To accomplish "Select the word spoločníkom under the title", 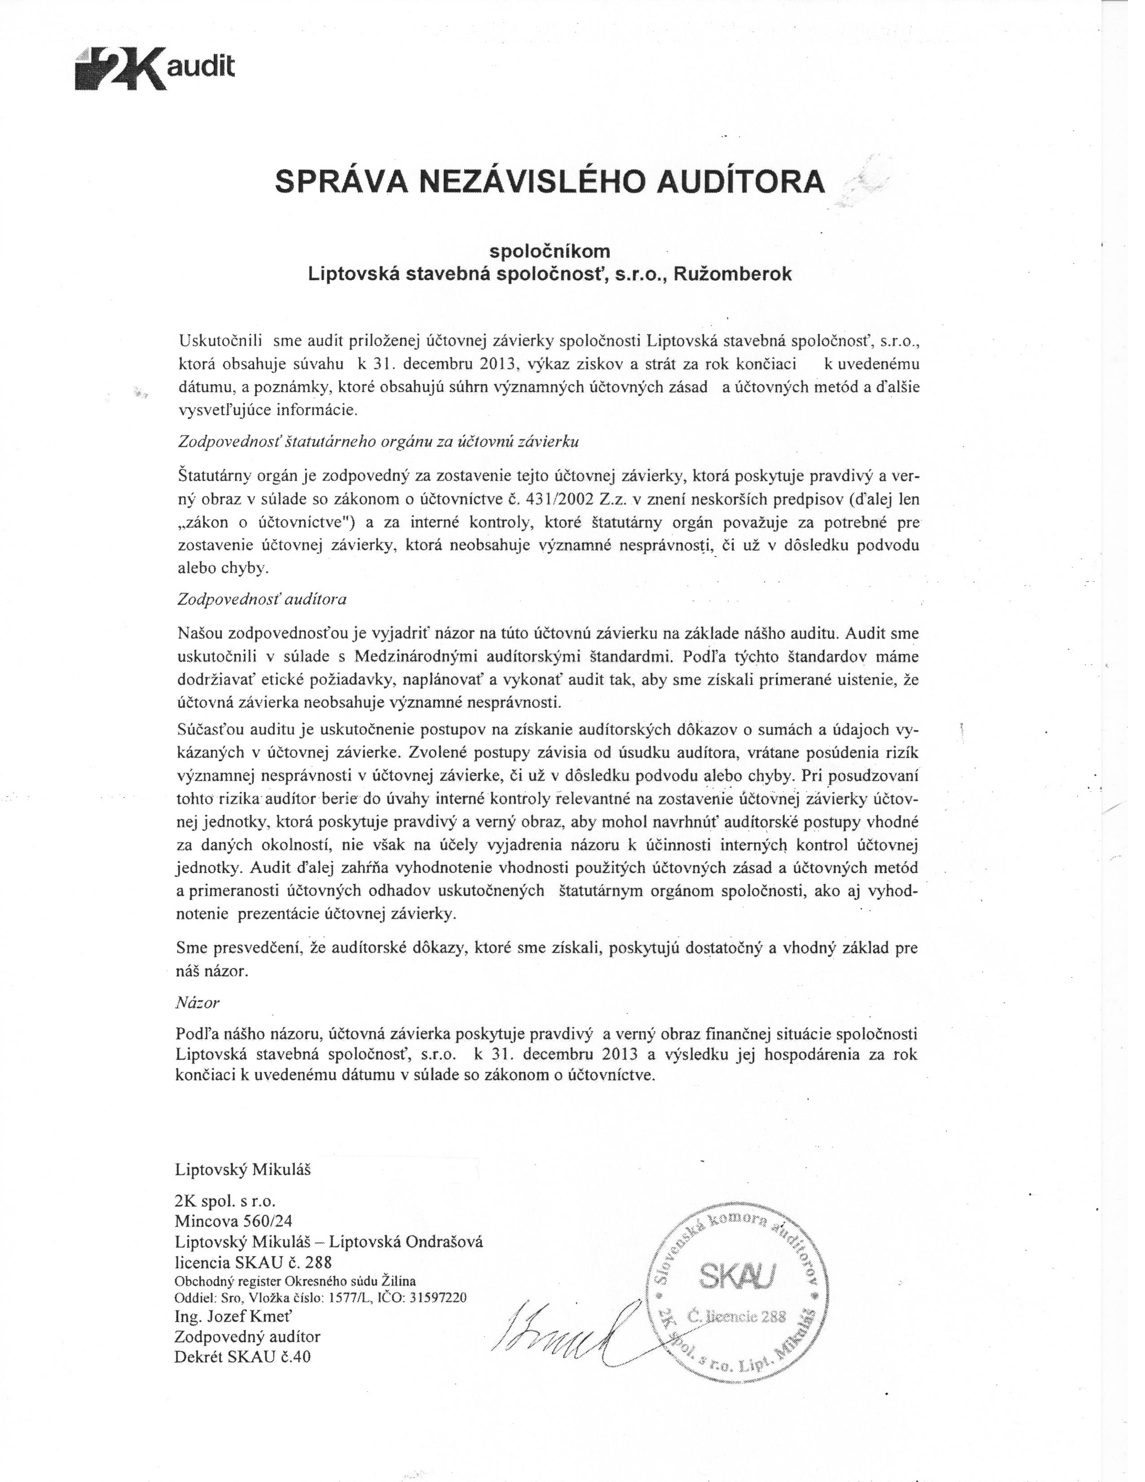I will coord(550,251).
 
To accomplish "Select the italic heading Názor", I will coord(198,1001).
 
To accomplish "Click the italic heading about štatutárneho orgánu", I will coord(377,441).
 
